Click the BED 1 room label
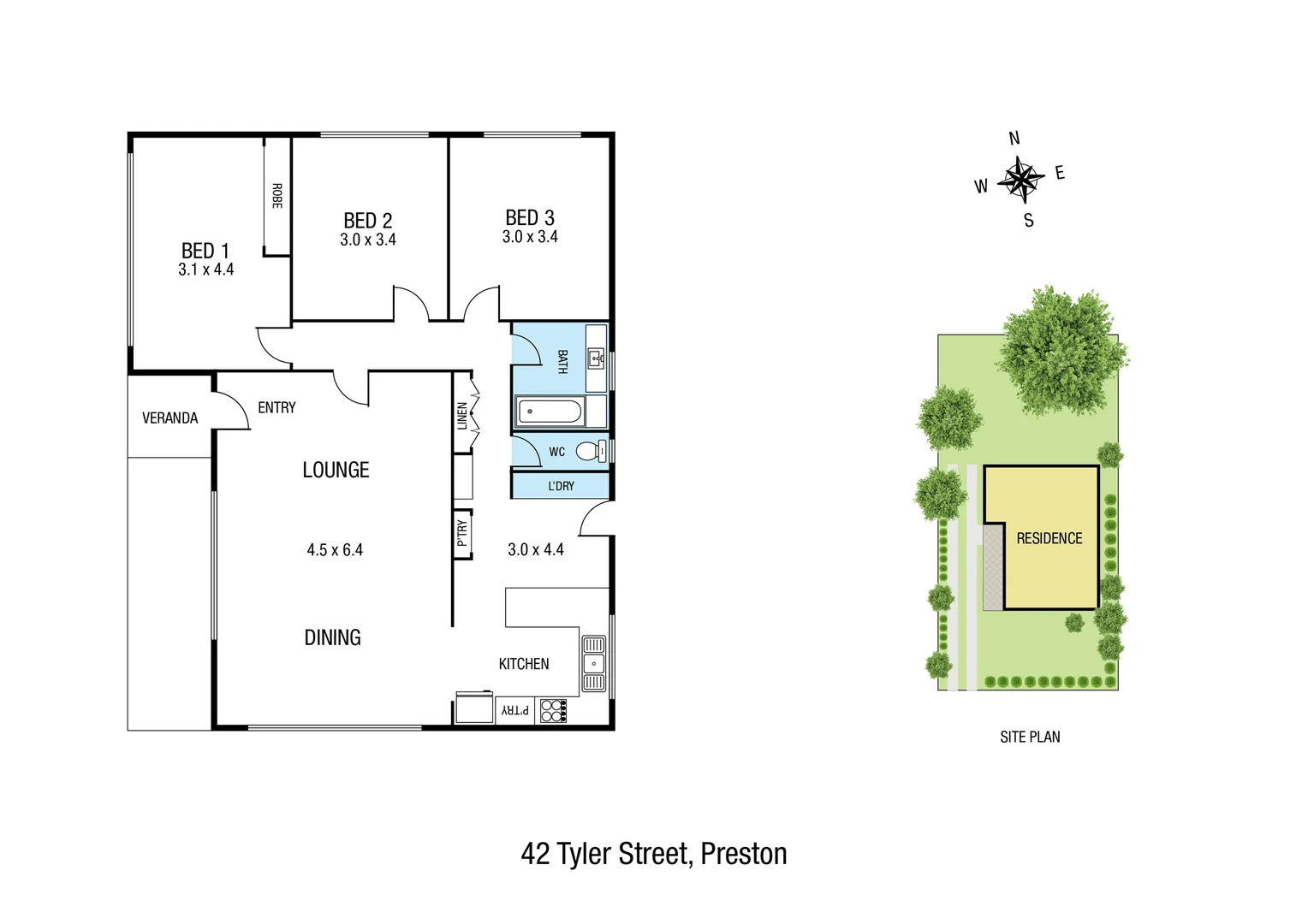pos(205,251)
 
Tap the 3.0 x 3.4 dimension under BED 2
pos(368,240)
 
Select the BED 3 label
pos(530,217)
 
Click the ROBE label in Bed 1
pos(276,196)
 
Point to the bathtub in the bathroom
pos(550,412)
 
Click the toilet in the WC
pos(589,451)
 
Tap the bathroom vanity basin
pos(596,358)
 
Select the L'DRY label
pos(561,486)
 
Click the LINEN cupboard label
pos(462,416)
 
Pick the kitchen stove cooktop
pos(554,711)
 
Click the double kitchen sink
pos(593,663)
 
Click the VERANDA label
pos(169,418)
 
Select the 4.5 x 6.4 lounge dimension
pos(335,550)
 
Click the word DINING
pos(333,637)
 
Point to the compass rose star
pos(1020,179)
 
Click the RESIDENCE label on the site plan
pos(1049,538)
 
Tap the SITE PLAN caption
pos(1030,737)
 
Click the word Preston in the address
pos(743,854)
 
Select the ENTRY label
pos(276,407)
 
